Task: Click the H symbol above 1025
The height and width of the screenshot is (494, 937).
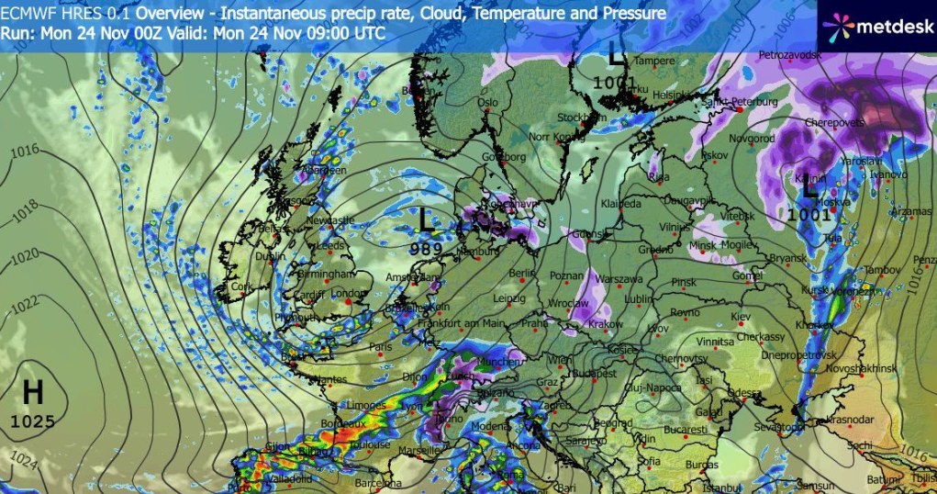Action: [x=33, y=394]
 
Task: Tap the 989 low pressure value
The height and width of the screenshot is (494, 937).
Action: [x=426, y=248]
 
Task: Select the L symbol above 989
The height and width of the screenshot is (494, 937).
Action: [x=426, y=219]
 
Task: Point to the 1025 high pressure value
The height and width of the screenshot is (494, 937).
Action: [x=33, y=421]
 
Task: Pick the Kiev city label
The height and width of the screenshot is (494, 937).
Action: [x=740, y=317]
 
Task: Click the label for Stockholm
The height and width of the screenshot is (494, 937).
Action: [x=576, y=118]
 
